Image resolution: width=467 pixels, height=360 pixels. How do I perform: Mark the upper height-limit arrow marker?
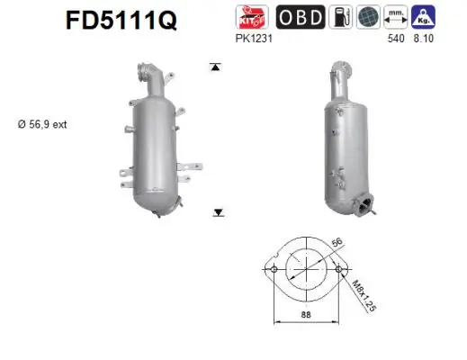pos(216,66)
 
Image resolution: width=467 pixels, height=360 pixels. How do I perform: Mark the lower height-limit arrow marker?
pos(217,212)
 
